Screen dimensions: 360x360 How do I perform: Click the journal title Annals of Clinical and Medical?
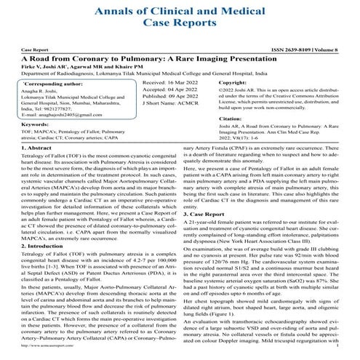click(x=180, y=12)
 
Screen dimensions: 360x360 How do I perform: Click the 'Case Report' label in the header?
click(x=33, y=50)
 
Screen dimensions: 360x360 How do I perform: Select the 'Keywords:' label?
click(x=41, y=125)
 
